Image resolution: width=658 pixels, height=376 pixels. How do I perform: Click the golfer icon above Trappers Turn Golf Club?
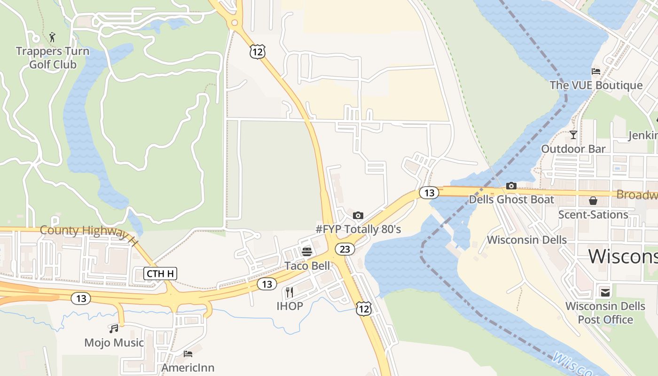(52, 37)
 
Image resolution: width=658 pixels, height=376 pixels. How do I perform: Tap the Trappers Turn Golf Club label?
(53, 58)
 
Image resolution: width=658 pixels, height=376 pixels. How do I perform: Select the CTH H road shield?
(160, 274)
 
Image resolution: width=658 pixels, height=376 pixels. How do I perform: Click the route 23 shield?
(345, 249)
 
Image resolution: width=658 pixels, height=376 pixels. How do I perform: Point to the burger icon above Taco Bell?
(307, 252)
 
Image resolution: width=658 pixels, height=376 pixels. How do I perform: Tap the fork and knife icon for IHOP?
(289, 292)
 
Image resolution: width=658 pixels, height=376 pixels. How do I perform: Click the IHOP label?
(290, 306)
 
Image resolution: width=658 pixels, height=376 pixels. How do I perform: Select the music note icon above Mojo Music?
(114, 329)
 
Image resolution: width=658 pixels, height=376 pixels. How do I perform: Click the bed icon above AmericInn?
(188, 353)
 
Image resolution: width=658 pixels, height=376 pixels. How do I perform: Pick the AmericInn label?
(188, 368)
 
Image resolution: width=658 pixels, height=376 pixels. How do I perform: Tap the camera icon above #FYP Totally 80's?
(358, 215)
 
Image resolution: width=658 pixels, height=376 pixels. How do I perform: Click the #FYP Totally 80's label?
(358, 229)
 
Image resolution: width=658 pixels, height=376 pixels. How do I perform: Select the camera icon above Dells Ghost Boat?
(511, 186)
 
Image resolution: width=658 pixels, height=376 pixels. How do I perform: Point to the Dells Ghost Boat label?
(511, 199)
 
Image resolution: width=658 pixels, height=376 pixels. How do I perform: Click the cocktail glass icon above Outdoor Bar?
(573, 135)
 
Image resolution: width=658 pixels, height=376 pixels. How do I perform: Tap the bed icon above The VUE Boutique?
(596, 71)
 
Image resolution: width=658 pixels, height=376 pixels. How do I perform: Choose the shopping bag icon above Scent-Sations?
(593, 201)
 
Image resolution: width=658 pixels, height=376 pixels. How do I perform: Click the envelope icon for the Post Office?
(605, 292)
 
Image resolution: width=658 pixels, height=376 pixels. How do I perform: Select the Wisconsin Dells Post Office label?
(605, 313)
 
